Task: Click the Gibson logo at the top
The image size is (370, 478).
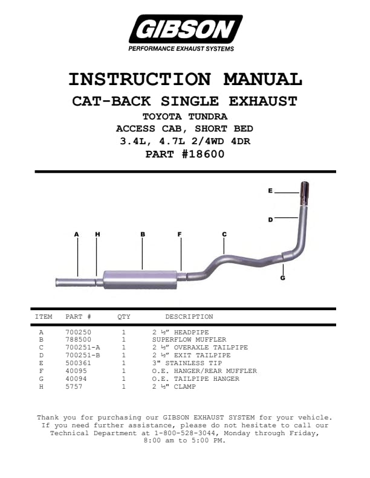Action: (186, 33)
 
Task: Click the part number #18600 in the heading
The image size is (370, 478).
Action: (203, 154)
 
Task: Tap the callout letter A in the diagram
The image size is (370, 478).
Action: (76, 234)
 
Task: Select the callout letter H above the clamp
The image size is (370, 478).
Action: (97, 234)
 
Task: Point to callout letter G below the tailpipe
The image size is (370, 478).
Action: (283, 278)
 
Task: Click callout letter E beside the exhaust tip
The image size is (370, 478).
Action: (270, 191)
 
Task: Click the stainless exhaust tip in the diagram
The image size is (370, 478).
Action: (304, 193)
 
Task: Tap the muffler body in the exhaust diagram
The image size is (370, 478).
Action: (140, 279)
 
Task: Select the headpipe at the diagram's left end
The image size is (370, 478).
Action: (75, 282)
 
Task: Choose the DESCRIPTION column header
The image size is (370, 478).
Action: (189, 316)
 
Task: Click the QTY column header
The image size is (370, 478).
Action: (124, 317)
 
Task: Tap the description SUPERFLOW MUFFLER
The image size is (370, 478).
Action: (189, 339)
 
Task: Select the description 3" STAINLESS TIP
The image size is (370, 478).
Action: (187, 363)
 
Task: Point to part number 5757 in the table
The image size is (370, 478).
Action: (74, 386)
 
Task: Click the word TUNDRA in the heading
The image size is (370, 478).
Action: (207, 116)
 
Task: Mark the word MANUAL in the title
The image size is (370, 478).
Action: (262, 79)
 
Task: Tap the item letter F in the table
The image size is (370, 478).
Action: (41, 371)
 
